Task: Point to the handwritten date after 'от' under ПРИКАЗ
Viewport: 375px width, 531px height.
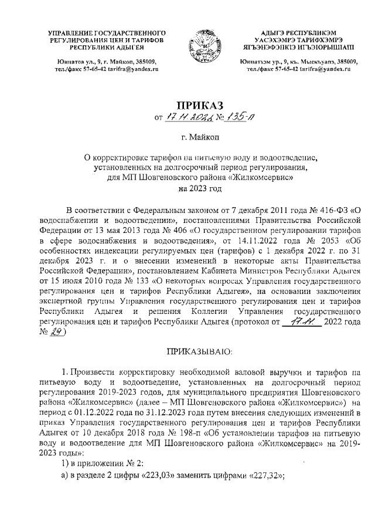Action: coord(183,118)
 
